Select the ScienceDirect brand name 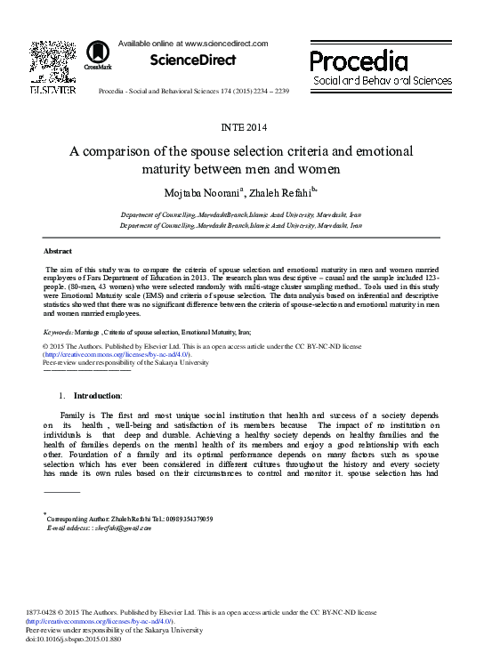point(192,60)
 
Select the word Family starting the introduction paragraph point(72,415)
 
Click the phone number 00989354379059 point(182,519)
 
